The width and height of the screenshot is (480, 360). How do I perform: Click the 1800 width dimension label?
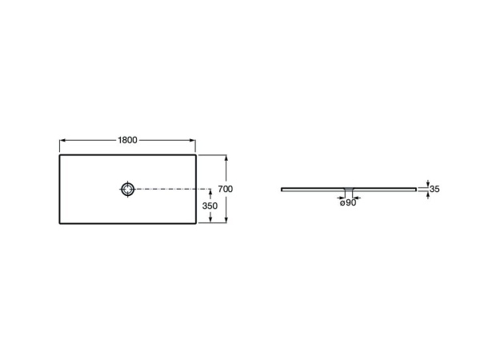(x=128, y=139)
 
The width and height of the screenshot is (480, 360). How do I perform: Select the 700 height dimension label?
(x=225, y=189)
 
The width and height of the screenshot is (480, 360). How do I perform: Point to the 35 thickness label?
(x=435, y=189)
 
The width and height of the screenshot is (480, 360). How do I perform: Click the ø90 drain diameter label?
(x=348, y=203)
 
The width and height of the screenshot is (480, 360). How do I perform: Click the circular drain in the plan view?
(x=128, y=190)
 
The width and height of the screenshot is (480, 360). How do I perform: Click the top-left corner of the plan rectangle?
(x=60, y=155)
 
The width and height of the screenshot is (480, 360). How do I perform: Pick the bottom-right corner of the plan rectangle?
(x=197, y=224)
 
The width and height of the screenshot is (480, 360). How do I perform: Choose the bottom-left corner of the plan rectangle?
(x=60, y=224)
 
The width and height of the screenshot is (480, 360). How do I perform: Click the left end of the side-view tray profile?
(x=282, y=190)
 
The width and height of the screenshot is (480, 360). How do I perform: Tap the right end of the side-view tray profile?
(x=416, y=190)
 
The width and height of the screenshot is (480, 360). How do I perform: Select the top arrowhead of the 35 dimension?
(x=428, y=185)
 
